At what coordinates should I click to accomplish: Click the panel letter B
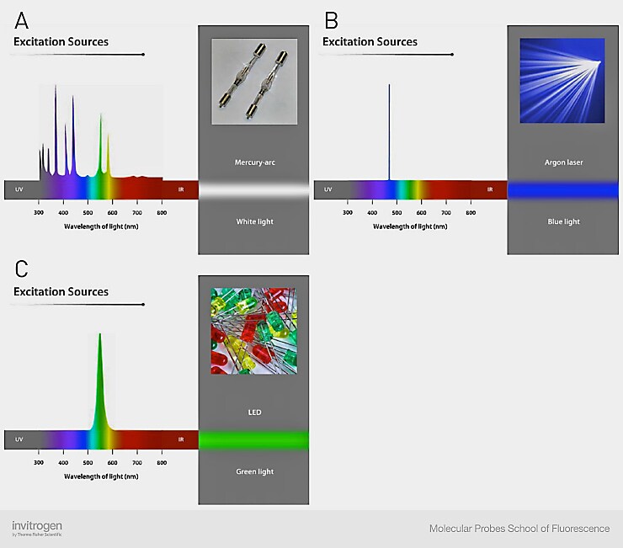click(x=331, y=18)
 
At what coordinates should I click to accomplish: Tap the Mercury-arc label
click(x=253, y=161)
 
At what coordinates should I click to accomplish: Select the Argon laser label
click(x=563, y=162)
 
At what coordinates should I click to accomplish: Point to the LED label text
click(x=253, y=412)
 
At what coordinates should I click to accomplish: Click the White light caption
click(x=253, y=221)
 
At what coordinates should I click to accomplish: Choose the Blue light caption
click(x=563, y=221)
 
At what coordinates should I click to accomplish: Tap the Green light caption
click(x=253, y=471)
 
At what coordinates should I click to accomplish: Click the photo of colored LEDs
click(x=253, y=331)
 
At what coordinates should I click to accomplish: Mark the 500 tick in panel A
click(x=88, y=214)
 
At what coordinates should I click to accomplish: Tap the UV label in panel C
click(x=19, y=439)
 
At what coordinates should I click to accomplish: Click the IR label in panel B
click(x=490, y=189)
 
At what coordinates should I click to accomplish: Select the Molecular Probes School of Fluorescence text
click(x=519, y=529)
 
